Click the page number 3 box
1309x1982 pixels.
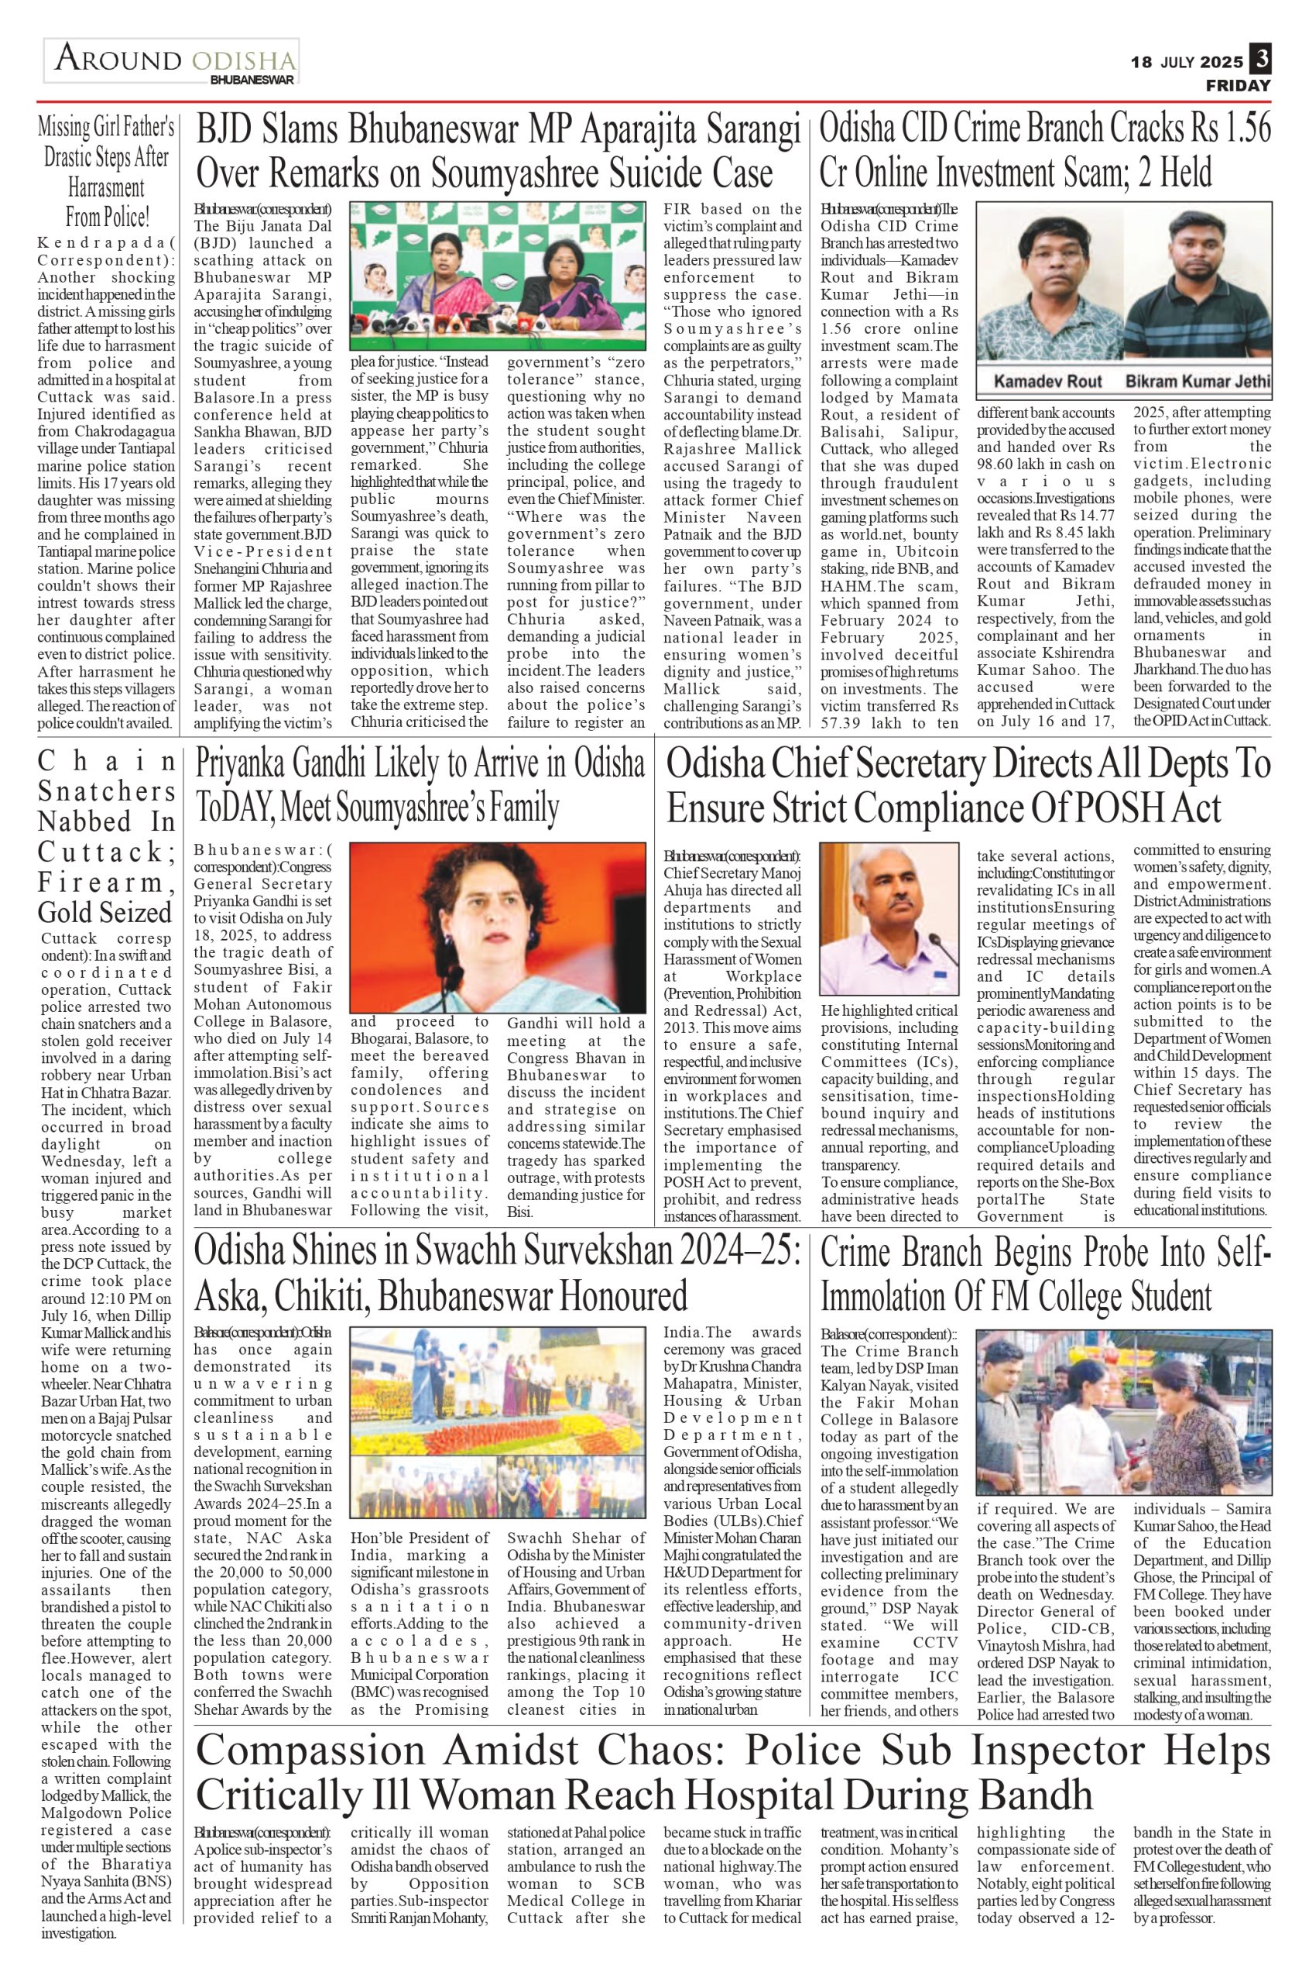coord(1259,60)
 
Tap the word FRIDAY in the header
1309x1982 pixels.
coord(1237,86)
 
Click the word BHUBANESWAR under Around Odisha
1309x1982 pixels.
coord(252,81)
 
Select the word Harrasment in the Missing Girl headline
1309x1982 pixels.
coord(106,188)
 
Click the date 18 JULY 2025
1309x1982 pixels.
coord(1186,62)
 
